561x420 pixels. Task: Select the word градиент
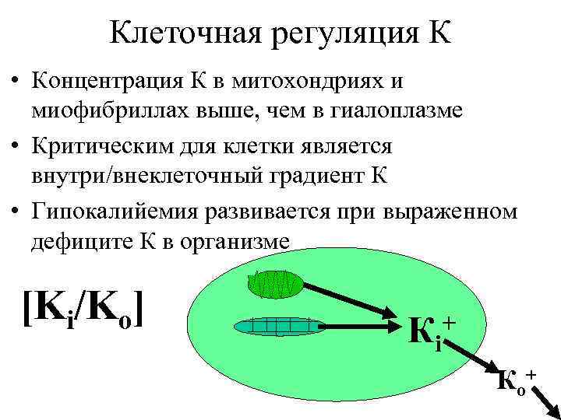pyautogui.click(x=312, y=176)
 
